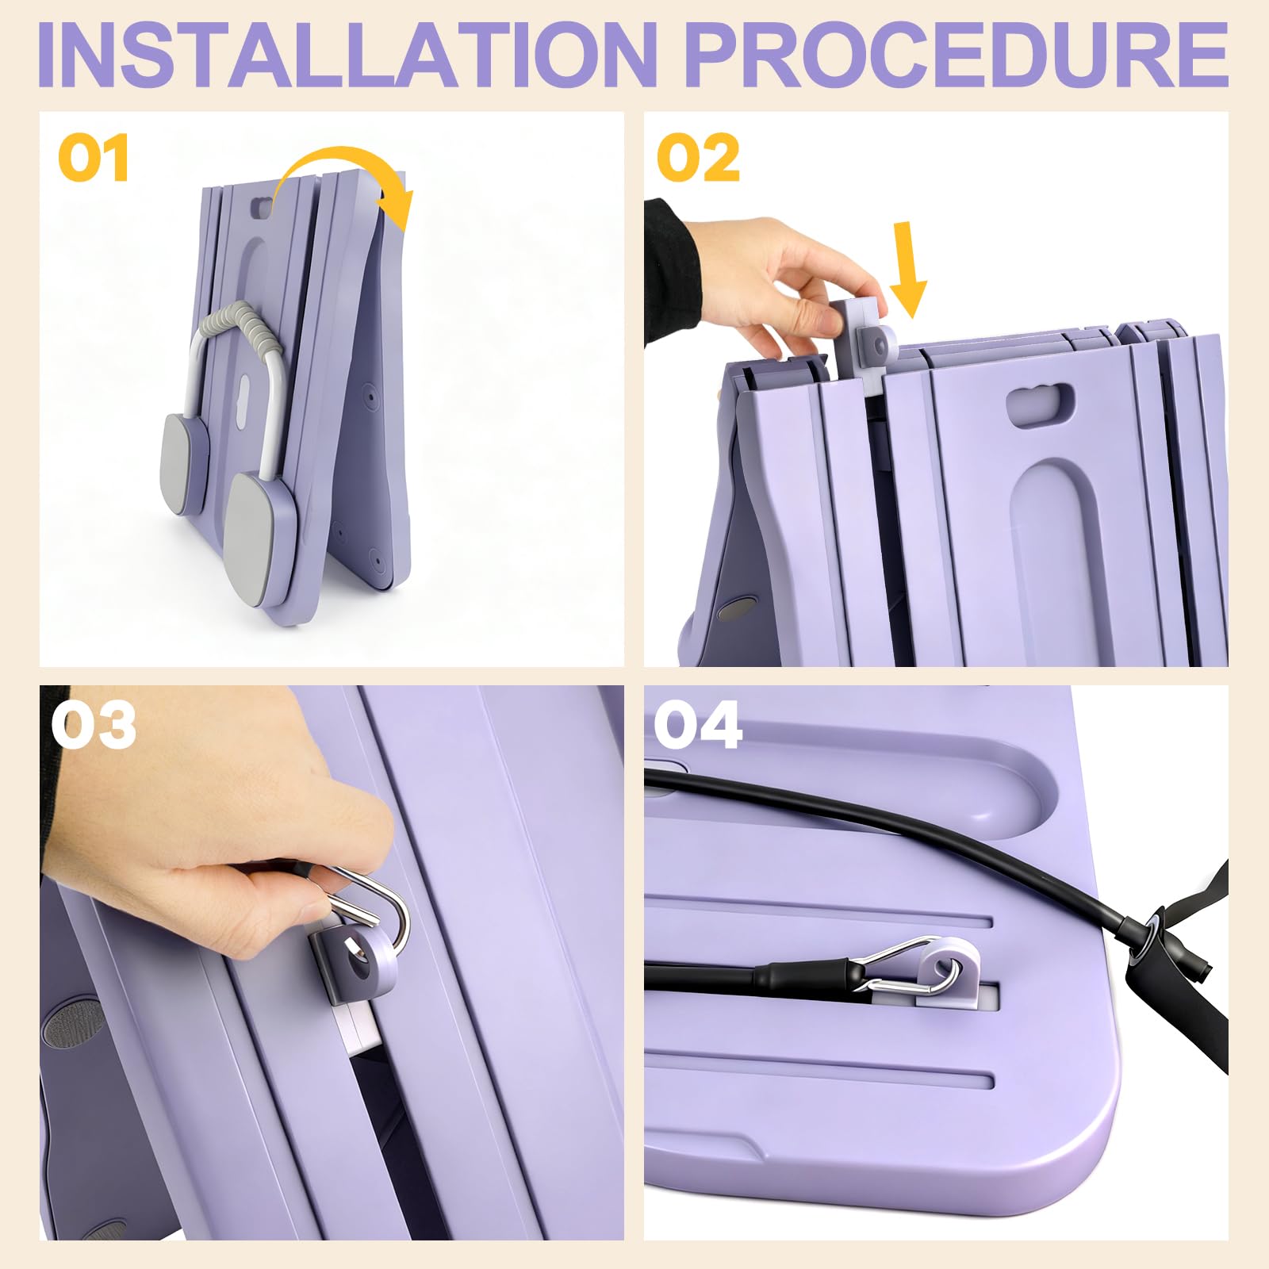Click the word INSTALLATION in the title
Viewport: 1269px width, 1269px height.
click(x=347, y=56)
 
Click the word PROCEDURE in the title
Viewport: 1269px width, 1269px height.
click(x=957, y=56)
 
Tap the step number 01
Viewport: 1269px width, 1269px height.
click(x=94, y=158)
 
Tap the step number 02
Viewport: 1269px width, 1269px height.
click(x=699, y=158)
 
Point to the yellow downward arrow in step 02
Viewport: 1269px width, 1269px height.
click(x=908, y=270)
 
